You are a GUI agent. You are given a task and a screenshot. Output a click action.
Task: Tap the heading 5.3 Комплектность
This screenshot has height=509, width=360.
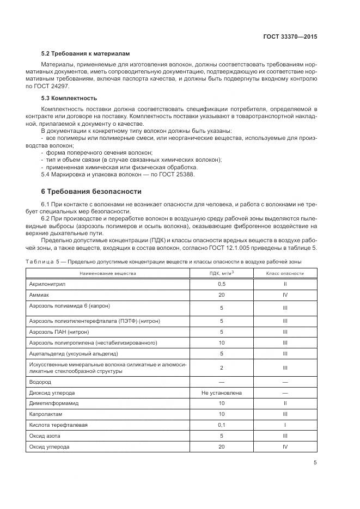coord(69,98)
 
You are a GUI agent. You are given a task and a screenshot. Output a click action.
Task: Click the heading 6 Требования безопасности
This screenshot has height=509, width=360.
coord(91,192)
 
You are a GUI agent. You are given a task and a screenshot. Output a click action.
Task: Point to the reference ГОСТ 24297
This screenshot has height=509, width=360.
coord(45,86)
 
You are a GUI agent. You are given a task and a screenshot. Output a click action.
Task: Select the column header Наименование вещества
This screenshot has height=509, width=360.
coord(108,273)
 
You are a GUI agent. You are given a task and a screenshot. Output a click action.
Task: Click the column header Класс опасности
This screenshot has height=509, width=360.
coord(285,273)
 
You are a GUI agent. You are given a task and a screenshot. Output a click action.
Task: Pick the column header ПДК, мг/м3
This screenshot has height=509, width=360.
coord(222,273)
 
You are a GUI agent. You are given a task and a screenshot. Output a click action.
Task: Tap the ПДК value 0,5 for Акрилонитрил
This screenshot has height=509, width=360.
coord(222,284)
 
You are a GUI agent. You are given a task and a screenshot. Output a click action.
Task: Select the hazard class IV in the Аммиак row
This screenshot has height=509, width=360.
coord(285,294)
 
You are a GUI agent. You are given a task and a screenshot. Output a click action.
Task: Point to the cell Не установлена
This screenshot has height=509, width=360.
coord(222,393)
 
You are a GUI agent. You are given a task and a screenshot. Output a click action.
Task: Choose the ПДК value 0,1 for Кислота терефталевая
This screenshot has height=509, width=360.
coord(222,425)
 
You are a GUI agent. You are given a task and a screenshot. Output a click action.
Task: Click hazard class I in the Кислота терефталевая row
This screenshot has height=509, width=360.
coord(285,425)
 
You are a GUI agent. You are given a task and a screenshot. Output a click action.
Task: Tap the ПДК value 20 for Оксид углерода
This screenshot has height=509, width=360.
coord(222,446)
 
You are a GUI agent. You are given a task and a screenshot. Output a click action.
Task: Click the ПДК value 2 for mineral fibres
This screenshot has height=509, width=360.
coord(222,368)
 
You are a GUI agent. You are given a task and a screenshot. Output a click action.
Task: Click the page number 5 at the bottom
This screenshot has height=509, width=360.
coord(315,463)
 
